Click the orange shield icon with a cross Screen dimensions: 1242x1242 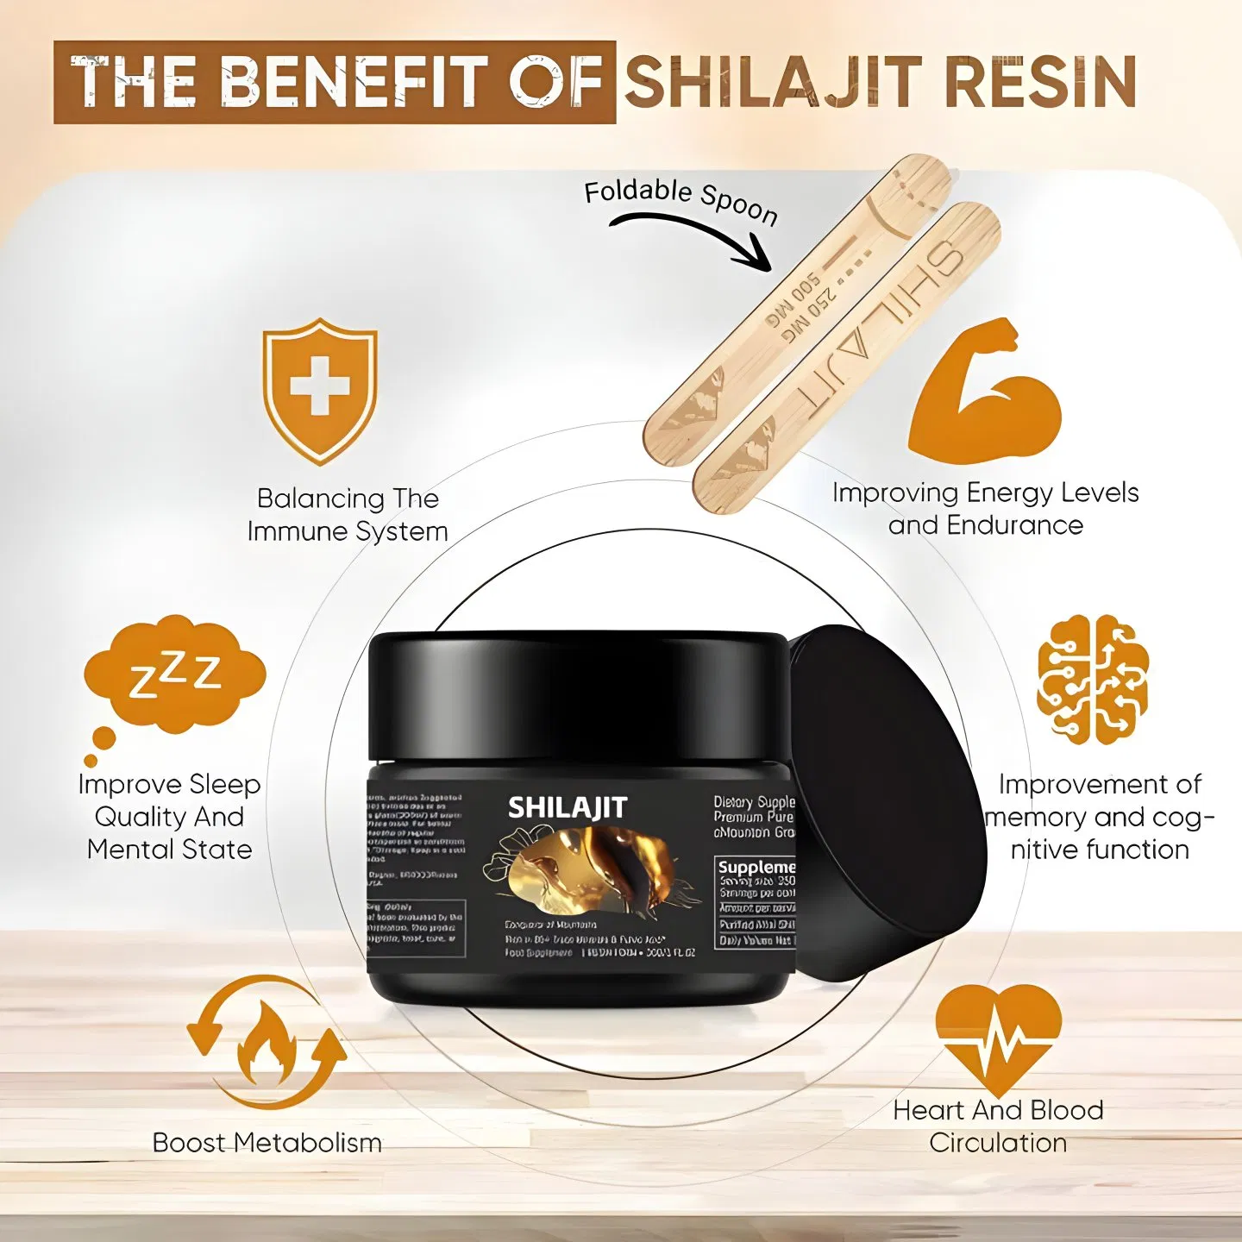pos(320,390)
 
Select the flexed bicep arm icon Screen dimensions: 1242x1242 pos(985,393)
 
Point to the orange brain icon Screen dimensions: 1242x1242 pos(1093,680)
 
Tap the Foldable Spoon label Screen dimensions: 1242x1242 pos(681,201)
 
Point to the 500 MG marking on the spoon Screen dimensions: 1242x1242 pos(792,302)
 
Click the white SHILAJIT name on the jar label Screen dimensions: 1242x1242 pos(568,807)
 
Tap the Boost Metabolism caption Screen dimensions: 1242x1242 pos(267,1143)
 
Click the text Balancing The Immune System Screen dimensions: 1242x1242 pos(348,515)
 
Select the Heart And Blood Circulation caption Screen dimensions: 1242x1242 pos(998,1126)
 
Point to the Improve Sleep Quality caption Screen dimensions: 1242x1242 pos(169,816)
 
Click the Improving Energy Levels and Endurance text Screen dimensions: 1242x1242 pos(985,509)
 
